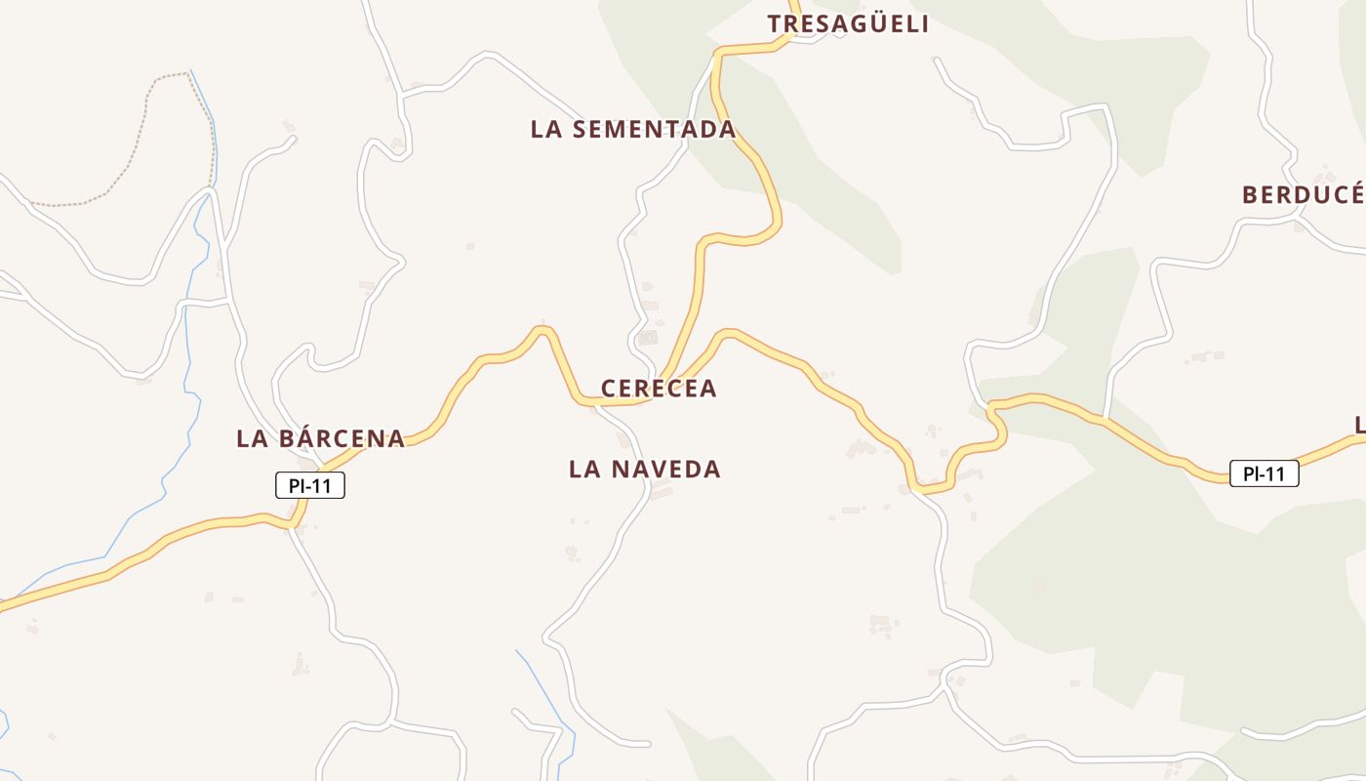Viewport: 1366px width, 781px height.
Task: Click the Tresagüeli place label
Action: (x=848, y=24)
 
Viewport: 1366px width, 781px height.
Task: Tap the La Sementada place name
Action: (x=633, y=129)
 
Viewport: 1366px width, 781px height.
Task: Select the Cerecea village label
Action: (x=659, y=389)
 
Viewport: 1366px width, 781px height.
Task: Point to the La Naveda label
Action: (x=645, y=470)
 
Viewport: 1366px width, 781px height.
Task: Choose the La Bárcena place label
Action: (x=320, y=438)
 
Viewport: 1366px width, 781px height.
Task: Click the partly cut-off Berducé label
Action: (x=1303, y=195)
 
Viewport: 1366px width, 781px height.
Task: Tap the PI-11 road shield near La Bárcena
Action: (x=310, y=485)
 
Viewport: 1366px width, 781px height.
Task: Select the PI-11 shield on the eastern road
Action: (x=1264, y=474)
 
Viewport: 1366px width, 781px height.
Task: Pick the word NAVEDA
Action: (x=666, y=470)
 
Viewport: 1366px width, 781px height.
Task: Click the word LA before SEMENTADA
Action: (x=545, y=129)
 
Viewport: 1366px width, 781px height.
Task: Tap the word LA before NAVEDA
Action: (x=583, y=470)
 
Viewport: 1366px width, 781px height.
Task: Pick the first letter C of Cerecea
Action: (x=609, y=389)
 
